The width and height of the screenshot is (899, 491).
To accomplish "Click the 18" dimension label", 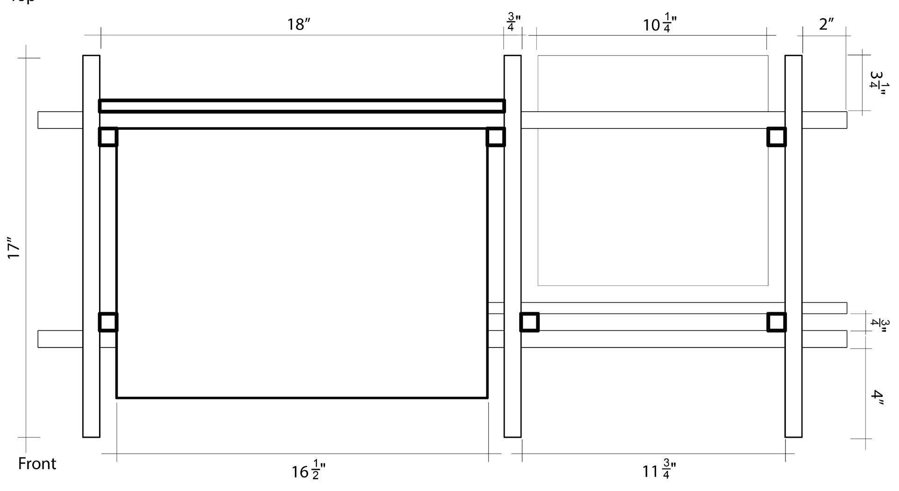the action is (299, 24).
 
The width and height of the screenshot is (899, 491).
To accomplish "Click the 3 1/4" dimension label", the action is (877, 83).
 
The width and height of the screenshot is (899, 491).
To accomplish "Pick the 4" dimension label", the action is (877, 394).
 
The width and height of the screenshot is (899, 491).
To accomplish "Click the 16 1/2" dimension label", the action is (308, 471).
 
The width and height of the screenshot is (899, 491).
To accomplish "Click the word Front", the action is (37, 464).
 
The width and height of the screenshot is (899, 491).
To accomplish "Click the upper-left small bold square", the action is (108, 137).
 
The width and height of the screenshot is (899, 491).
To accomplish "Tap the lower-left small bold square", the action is (108, 322).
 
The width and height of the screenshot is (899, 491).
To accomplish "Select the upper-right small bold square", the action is (777, 137).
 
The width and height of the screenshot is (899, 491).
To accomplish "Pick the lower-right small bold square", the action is (777, 322).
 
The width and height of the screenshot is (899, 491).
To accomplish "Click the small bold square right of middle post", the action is (529, 322).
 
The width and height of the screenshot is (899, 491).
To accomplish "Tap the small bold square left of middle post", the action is (496, 137).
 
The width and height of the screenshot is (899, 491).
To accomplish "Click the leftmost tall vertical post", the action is (91, 246).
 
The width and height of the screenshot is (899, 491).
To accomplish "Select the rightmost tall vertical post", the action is (793, 246).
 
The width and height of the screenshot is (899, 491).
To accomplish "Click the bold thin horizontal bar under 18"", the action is (302, 106).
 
